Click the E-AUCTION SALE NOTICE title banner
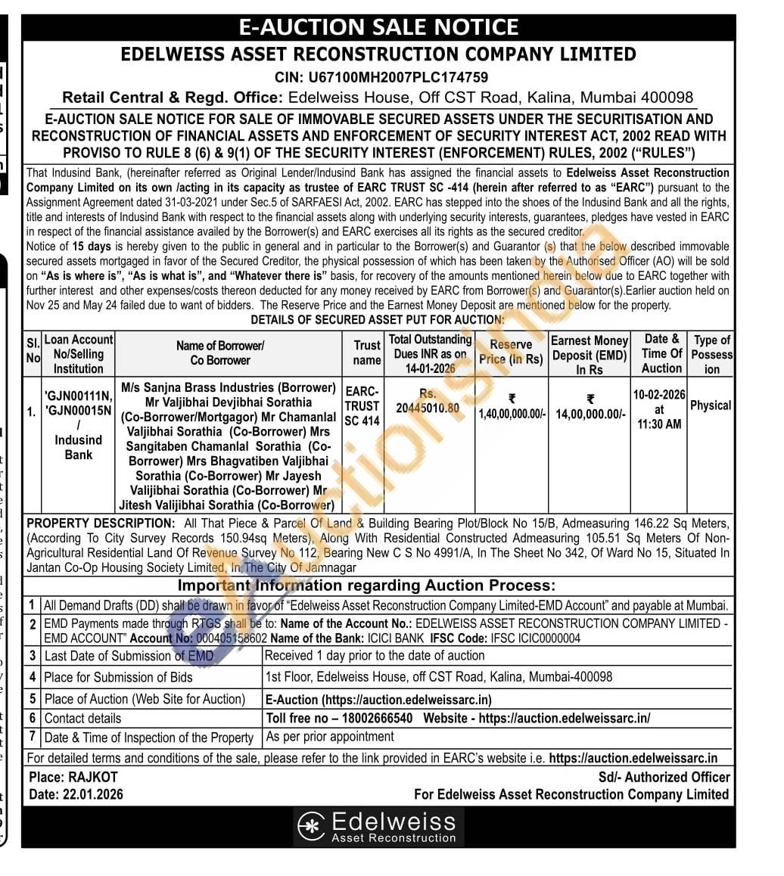pyautogui.click(x=378, y=27)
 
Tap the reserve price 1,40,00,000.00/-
pyautogui.click(x=512, y=415)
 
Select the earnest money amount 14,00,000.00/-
pyautogui.click(x=590, y=415)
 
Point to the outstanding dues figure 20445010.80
pyautogui.click(x=428, y=408)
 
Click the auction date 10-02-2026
pyautogui.click(x=659, y=394)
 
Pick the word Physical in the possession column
pyautogui.click(x=711, y=405)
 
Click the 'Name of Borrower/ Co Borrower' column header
pyautogui.click(x=219, y=353)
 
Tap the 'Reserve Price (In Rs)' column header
pyautogui.click(x=512, y=352)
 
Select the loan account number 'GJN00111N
pyautogui.click(x=78, y=396)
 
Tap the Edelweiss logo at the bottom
pyautogui.click(x=378, y=827)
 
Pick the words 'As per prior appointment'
pyautogui.click(x=330, y=736)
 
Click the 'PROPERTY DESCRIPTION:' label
pyautogui.click(x=101, y=523)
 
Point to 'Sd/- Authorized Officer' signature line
pyautogui.click(x=664, y=777)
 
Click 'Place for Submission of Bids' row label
pyautogui.click(x=118, y=677)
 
